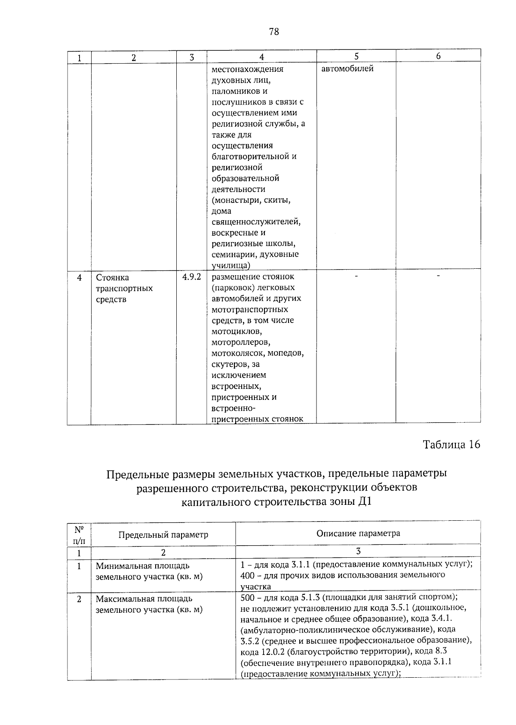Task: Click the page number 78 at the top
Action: (274, 32)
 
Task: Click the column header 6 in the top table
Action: (438, 56)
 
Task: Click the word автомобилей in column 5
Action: (347, 69)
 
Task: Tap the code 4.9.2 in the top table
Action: (191, 277)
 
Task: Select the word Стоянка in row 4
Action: (112, 277)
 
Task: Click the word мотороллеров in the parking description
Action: (241, 342)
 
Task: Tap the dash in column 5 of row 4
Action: (356, 276)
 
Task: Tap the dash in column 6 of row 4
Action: (438, 276)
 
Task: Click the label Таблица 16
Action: (451, 444)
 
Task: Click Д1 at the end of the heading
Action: (364, 501)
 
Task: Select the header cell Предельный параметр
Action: (163, 535)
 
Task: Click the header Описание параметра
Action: (358, 533)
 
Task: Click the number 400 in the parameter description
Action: (248, 575)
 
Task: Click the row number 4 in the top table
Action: (79, 277)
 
